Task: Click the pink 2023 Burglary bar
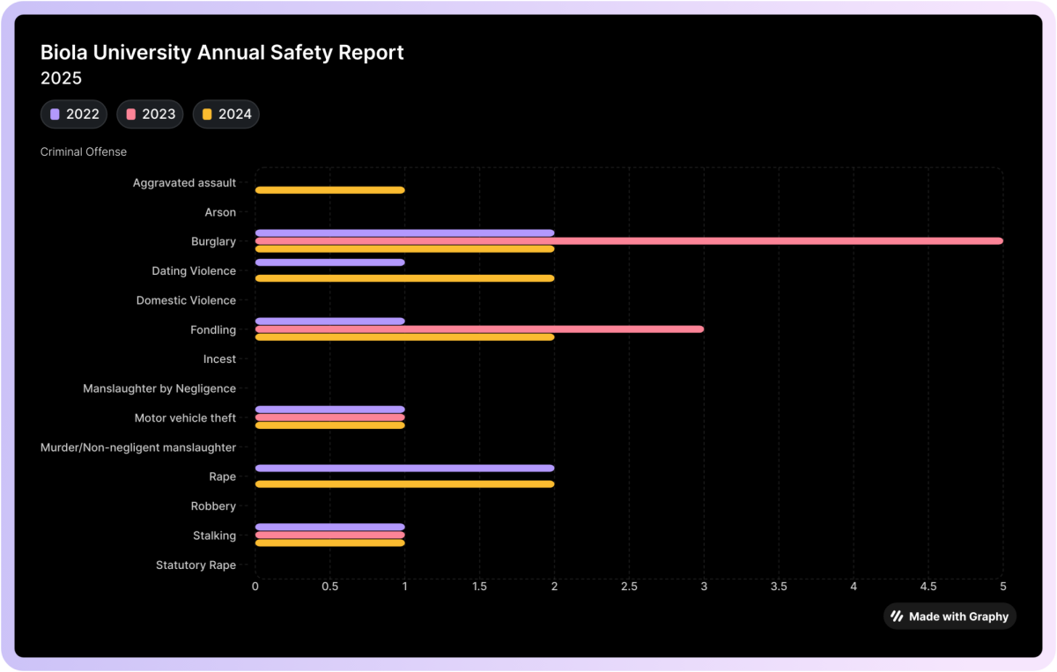pyautogui.click(x=629, y=240)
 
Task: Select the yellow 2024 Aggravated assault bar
pyautogui.click(x=329, y=190)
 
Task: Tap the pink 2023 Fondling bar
pyautogui.click(x=479, y=329)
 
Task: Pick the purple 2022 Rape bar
pyautogui.click(x=404, y=469)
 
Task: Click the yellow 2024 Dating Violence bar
pyautogui.click(x=404, y=278)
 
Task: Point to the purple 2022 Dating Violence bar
pyautogui.click(x=329, y=262)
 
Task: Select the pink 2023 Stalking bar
pyautogui.click(x=329, y=535)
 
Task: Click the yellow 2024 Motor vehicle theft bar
pyautogui.click(x=329, y=425)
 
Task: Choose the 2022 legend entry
pyautogui.click(x=74, y=114)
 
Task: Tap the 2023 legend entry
pyautogui.click(x=151, y=114)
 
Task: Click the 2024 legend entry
pyautogui.click(x=226, y=114)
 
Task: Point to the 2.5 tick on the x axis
pyautogui.click(x=629, y=586)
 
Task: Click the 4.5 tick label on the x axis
pyautogui.click(x=928, y=586)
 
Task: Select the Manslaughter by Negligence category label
pyautogui.click(x=159, y=388)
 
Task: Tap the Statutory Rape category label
pyautogui.click(x=196, y=565)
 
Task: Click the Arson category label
pyautogui.click(x=220, y=212)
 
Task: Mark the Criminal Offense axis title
pyautogui.click(x=84, y=151)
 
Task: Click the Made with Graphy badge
pyautogui.click(x=950, y=617)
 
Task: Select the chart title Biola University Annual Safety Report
pyautogui.click(x=222, y=52)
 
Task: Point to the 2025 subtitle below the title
pyautogui.click(x=61, y=78)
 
